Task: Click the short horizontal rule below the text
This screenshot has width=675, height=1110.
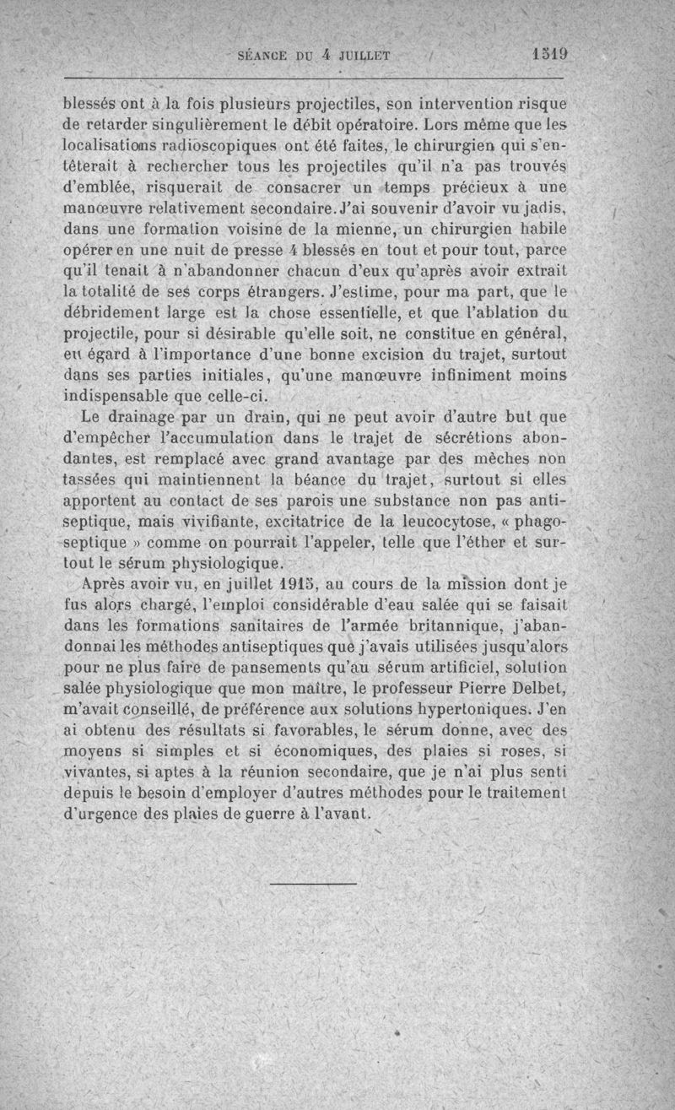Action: (x=314, y=884)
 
